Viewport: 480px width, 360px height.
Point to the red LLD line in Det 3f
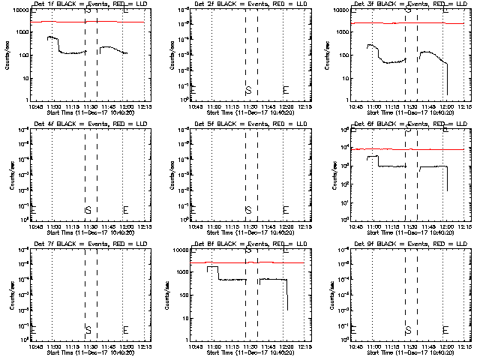375,23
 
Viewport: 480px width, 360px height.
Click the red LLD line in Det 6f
375,149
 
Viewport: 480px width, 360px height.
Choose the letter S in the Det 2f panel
247,90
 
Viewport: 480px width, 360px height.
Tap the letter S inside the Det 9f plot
408,330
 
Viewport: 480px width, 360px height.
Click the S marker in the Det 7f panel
88,330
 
